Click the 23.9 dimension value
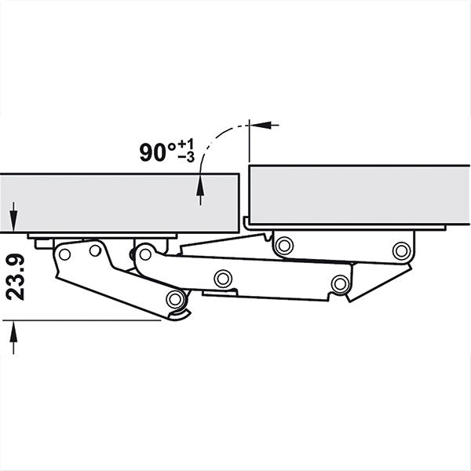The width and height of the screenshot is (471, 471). pos(16,278)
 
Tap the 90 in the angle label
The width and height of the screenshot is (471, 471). pos(153,152)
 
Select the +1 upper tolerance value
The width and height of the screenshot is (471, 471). pos(186,144)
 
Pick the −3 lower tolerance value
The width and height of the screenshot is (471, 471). pos(186,159)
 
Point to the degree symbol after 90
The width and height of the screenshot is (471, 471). pos(171,145)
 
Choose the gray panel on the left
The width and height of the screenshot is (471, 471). pos(118,203)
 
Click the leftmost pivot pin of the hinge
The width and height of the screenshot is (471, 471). pos(64,253)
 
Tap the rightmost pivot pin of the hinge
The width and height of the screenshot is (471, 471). pos(402,250)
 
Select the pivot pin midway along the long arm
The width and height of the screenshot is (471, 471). pos(225,277)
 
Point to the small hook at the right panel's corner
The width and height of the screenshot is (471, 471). pos(246,222)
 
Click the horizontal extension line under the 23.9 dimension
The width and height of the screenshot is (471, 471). pos(78,319)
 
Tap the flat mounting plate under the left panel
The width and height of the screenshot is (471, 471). pos(102,235)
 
